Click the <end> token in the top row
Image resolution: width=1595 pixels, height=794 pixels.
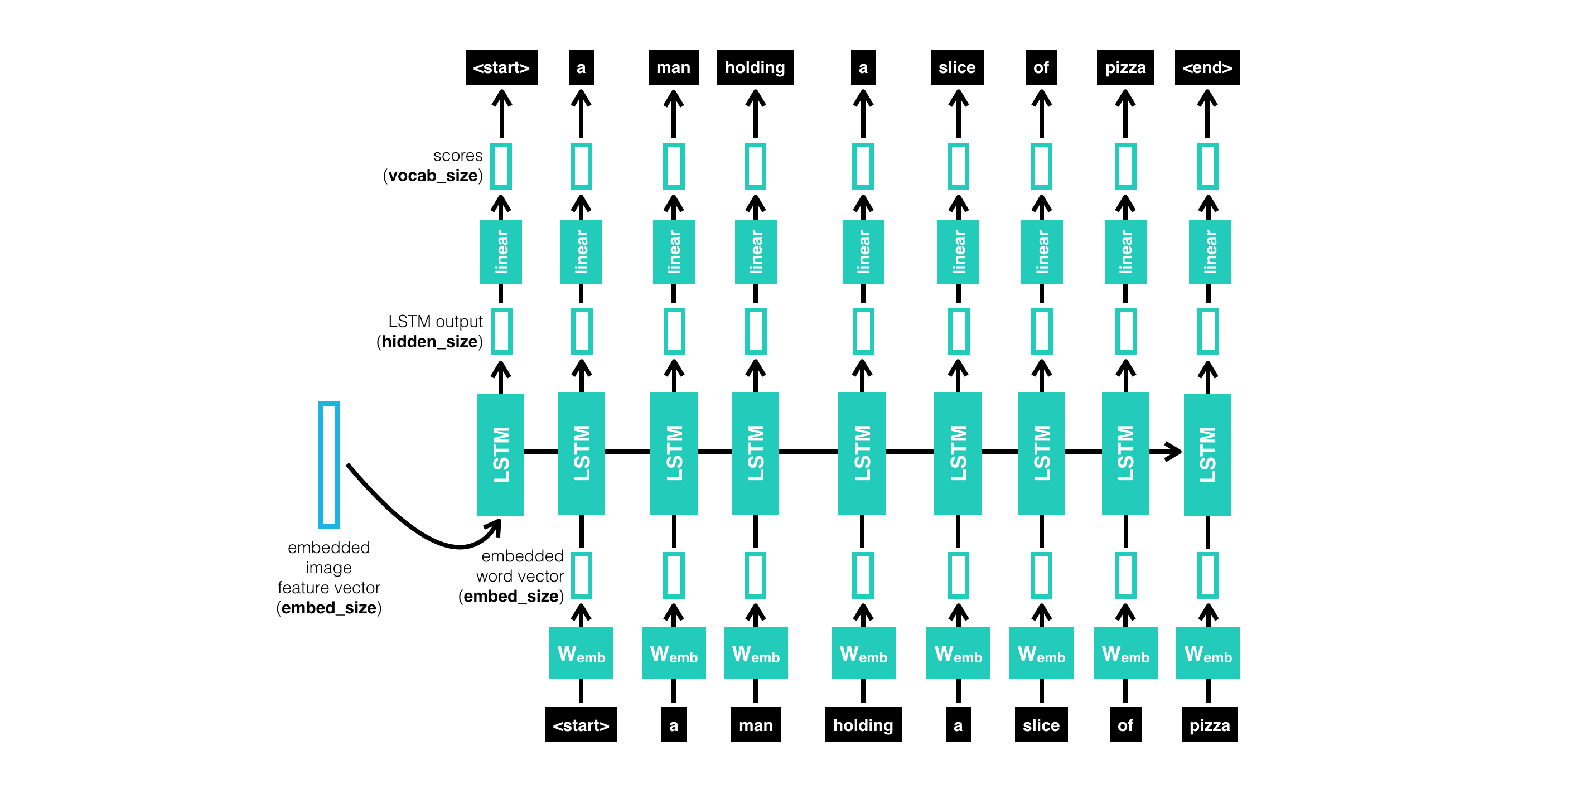tap(1207, 67)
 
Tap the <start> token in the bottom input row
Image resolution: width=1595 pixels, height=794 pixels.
tap(581, 725)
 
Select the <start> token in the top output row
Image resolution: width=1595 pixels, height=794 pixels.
tap(501, 67)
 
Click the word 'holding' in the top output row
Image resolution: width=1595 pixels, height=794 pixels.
tap(755, 67)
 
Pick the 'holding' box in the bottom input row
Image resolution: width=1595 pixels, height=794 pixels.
tap(863, 725)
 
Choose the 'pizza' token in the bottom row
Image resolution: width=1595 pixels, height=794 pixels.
tap(1209, 725)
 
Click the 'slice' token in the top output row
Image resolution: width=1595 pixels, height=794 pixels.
tap(956, 67)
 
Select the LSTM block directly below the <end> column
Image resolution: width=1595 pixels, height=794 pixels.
tap(1207, 454)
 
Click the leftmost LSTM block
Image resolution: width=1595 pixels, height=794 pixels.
tap(500, 454)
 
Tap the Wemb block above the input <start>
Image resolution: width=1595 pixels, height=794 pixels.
tap(581, 653)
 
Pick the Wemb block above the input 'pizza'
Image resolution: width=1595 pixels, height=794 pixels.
tap(1207, 653)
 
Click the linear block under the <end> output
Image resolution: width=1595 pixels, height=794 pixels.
tap(1209, 252)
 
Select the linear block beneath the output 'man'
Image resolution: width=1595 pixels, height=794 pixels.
tap(674, 252)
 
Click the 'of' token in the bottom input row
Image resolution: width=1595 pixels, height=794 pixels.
tap(1125, 725)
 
